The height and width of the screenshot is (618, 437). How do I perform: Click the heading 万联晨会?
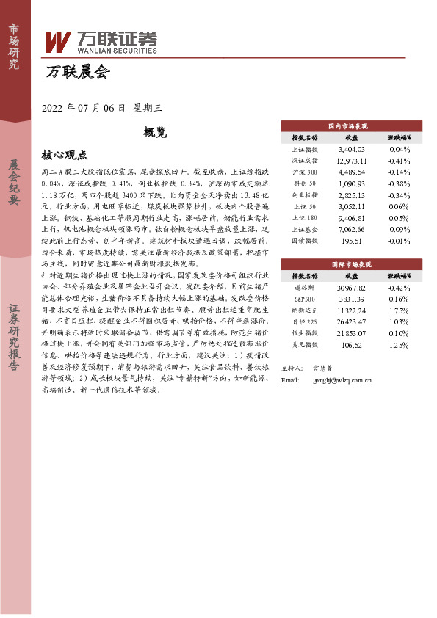click(x=76, y=72)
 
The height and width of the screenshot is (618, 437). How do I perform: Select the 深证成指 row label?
click(x=305, y=160)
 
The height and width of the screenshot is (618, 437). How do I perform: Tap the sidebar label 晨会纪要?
click(x=15, y=182)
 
